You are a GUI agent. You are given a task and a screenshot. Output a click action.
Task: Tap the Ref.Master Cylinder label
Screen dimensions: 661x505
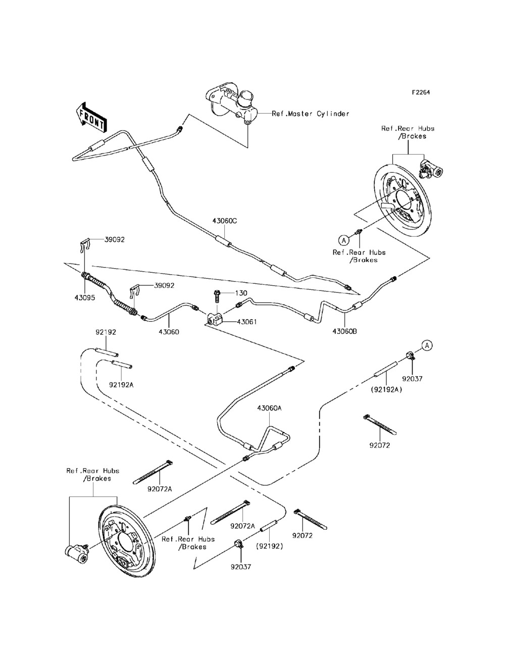[x=311, y=114]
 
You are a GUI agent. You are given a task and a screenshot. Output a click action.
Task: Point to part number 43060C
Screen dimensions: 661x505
[x=224, y=221]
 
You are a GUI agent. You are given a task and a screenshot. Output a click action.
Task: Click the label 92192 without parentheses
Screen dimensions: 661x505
[x=106, y=332]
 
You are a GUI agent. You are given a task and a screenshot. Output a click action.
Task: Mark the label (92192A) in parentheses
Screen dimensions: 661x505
[x=386, y=389]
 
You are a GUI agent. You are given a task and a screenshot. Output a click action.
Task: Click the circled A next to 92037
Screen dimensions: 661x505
[x=427, y=345]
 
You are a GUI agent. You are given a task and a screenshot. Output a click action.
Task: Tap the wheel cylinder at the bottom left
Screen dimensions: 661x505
[x=76, y=552]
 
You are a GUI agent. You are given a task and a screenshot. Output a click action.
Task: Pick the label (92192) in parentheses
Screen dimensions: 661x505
[x=270, y=546]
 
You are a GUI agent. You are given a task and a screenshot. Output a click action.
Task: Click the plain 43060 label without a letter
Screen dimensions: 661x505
[x=169, y=332]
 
